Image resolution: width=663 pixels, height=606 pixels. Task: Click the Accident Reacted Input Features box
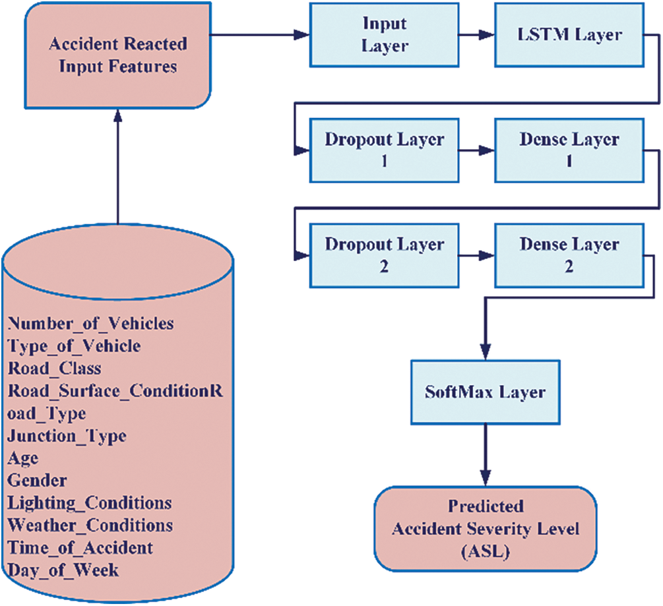coord(117,55)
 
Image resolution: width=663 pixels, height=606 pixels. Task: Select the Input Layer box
coord(384,35)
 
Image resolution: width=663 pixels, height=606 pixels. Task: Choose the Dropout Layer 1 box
coord(384,150)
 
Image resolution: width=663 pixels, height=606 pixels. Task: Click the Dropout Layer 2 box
coord(384,255)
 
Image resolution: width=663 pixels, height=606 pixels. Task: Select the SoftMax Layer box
coord(484,392)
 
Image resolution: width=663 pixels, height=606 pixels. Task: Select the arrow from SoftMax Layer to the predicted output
coord(486,455)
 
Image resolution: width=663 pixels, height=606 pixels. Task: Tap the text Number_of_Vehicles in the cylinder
coord(90,323)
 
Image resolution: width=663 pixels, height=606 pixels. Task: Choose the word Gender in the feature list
coord(37,480)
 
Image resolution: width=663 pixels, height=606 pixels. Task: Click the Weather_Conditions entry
coord(90,525)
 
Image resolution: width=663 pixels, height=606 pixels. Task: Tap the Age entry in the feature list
coord(23,458)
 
